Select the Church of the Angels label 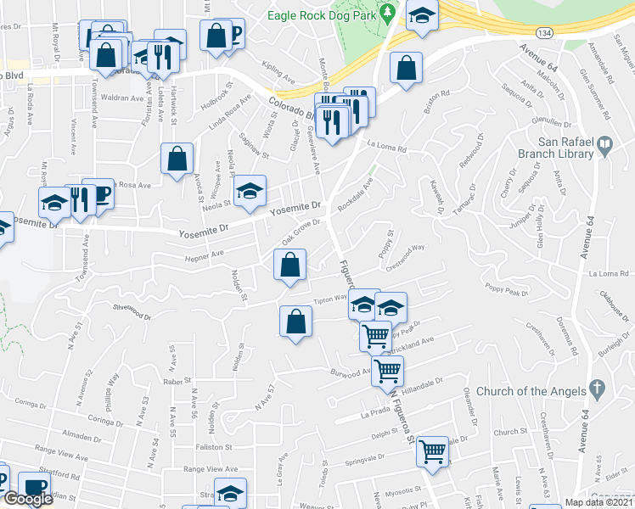tap(531, 391)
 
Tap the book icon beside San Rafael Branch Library tap(604, 145)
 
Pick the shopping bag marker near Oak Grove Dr tap(290, 264)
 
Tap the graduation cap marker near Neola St tap(250, 191)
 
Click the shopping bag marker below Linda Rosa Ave tap(177, 159)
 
